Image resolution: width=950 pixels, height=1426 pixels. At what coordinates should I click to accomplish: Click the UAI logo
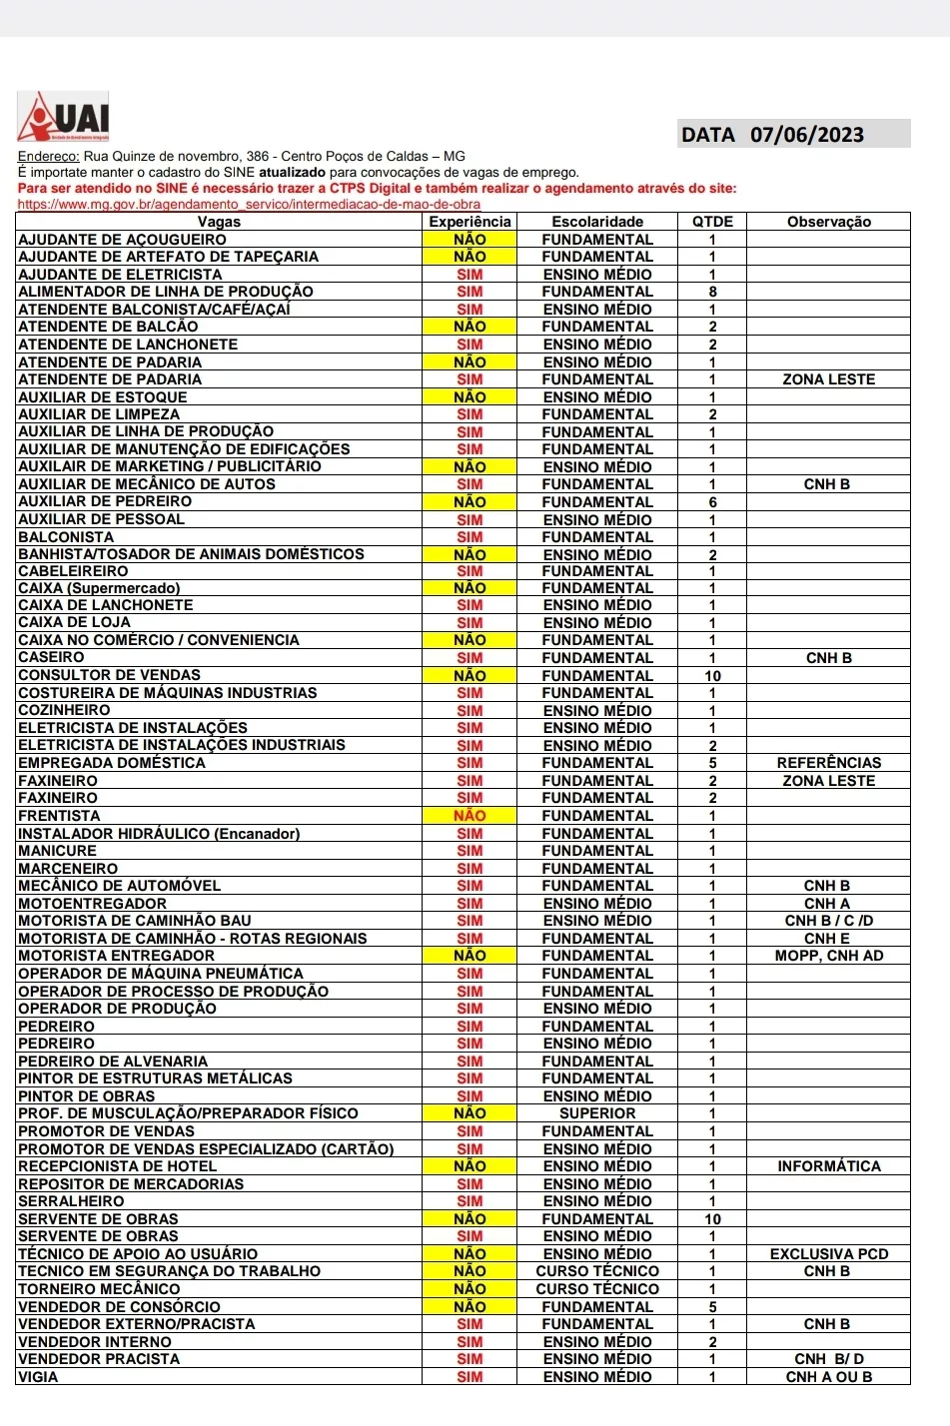click(63, 118)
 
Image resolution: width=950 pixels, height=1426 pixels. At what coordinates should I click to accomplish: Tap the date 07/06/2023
click(807, 135)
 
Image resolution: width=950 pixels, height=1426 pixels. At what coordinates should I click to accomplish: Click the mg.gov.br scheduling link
click(249, 204)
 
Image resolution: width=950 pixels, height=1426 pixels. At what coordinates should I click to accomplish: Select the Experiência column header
click(470, 222)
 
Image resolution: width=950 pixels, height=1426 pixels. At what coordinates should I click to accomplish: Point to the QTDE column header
click(712, 222)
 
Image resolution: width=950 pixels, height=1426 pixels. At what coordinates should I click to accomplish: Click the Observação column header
click(828, 222)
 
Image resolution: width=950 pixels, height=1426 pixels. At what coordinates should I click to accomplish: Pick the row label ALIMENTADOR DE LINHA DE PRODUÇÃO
click(166, 292)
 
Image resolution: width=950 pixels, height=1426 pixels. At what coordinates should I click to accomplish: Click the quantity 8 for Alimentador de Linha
click(712, 292)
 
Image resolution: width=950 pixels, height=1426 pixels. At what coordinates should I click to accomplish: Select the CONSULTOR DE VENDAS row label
click(110, 675)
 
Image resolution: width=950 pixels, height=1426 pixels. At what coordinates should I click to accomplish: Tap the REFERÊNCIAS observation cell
click(828, 763)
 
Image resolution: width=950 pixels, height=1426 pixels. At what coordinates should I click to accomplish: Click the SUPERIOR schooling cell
click(597, 1113)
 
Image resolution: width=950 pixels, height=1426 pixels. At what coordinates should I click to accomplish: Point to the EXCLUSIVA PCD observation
click(828, 1254)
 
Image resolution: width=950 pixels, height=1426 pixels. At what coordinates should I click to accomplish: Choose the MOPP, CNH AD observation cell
click(828, 956)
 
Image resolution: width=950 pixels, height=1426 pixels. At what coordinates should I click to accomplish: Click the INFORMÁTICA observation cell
click(828, 1166)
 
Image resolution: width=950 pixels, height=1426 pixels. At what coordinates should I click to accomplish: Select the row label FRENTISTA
click(59, 816)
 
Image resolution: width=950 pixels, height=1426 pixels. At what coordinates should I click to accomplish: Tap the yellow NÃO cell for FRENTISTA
click(470, 816)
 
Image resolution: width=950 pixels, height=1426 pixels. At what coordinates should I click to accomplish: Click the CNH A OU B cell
click(828, 1377)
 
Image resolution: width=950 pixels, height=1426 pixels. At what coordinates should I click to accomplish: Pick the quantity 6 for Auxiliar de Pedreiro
click(712, 502)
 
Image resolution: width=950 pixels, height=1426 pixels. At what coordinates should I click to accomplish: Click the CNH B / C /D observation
click(828, 921)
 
